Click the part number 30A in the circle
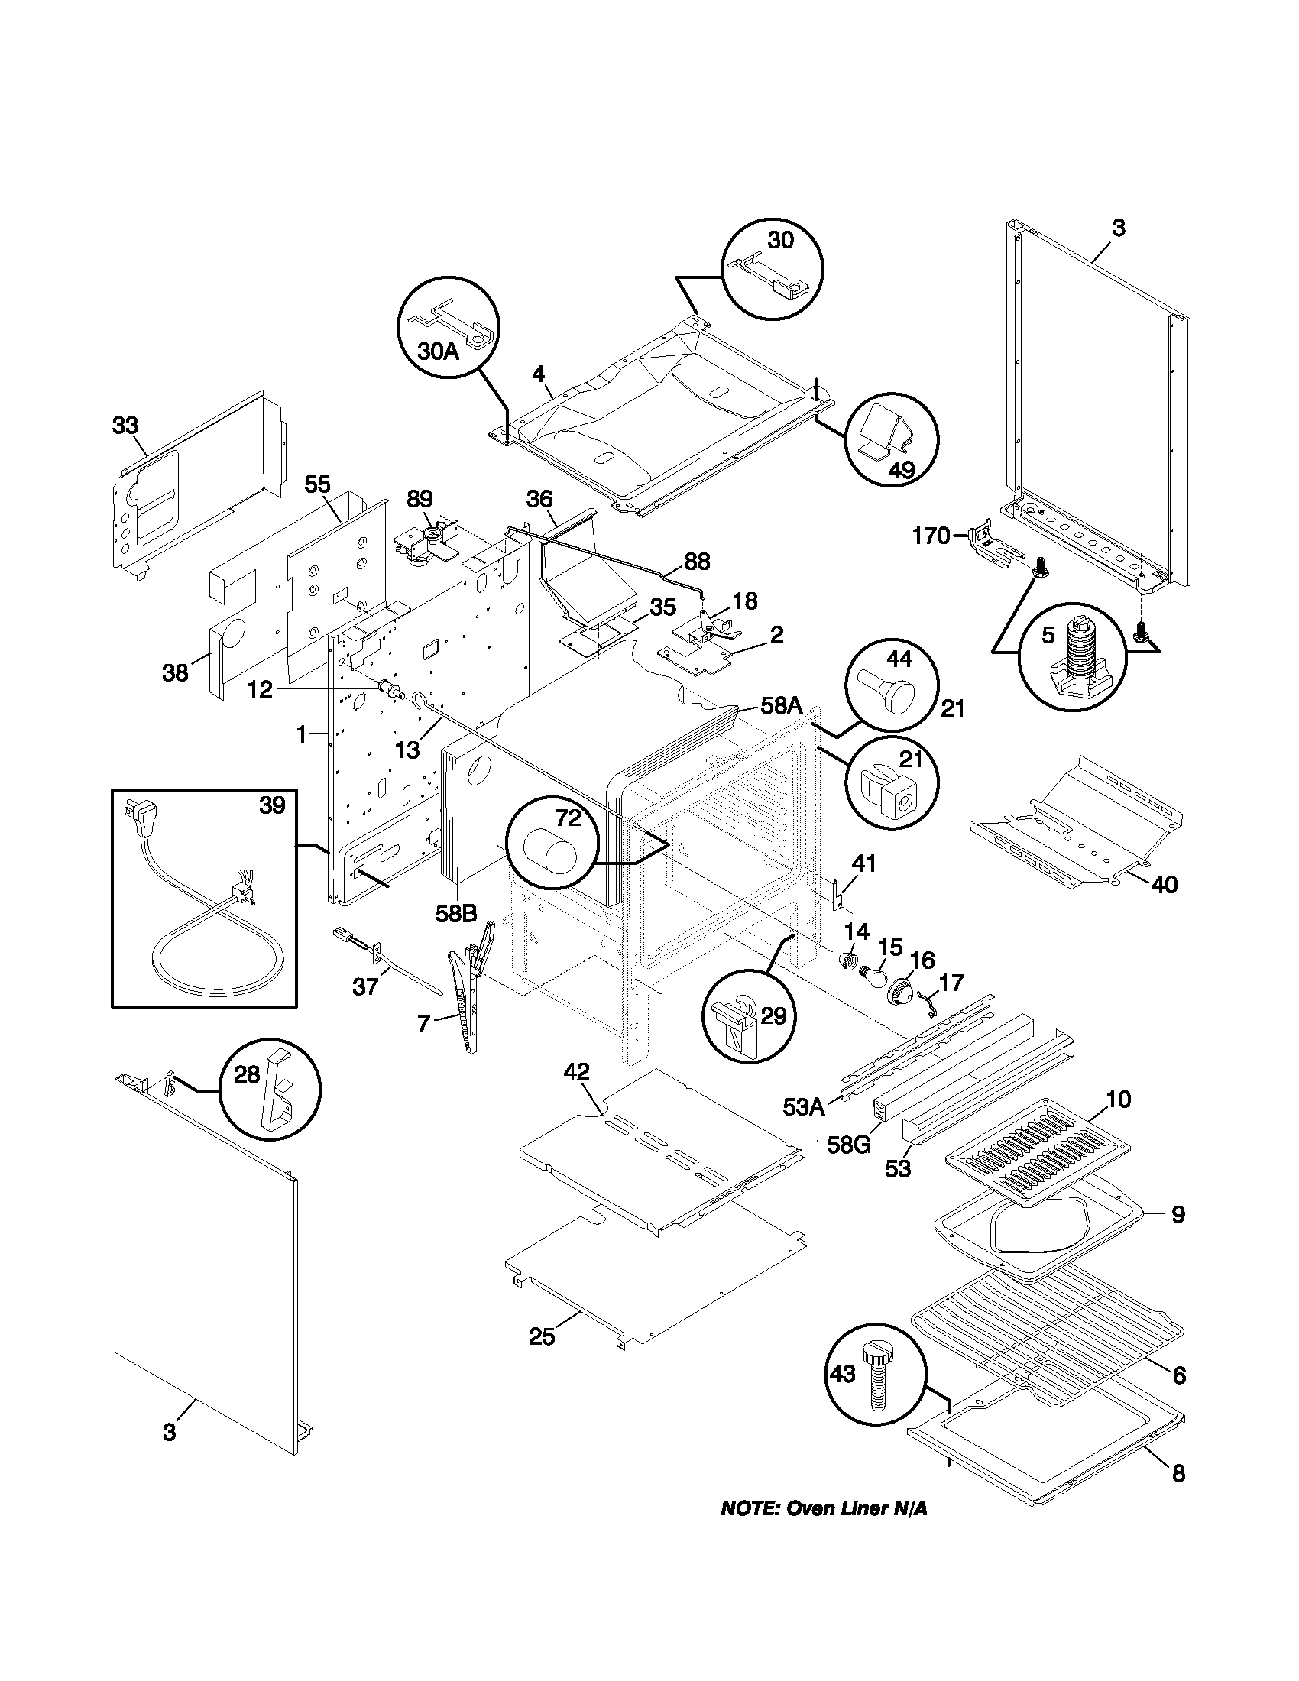click(x=438, y=352)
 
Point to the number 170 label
click(x=932, y=536)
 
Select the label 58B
click(x=455, y=914)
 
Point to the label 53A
click(x=803, y=1107)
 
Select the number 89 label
click(x=420, y=499)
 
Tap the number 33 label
click(x=125, y=425)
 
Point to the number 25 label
click(x=542, y=1337)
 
